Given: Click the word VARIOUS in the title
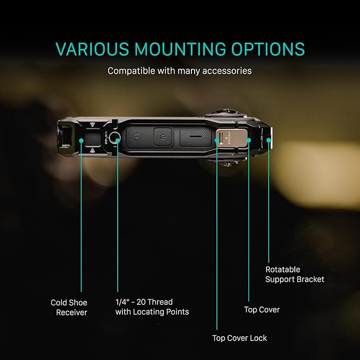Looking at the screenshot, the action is (x=92, y=49).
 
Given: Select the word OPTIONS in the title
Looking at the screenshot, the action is (x=268, y=49).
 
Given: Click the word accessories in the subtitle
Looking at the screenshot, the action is (x=227, y=71).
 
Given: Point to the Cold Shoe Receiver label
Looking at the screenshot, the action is (x=69, y=308).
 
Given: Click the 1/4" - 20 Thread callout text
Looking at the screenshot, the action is (x=144, y=302).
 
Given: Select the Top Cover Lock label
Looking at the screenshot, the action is (x=240, y=338).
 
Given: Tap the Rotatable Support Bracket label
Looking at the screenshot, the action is (x=295, y=274).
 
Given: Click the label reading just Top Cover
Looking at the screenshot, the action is (x=262, y=310).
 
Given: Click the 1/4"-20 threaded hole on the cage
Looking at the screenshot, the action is (x=115, y=137).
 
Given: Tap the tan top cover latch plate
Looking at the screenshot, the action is (x=231, y=137).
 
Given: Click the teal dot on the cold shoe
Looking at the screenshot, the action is (x=81, y=141).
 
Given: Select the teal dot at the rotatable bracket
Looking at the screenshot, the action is (x=269, y=140).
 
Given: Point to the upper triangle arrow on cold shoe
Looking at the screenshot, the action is (x=92, y=125).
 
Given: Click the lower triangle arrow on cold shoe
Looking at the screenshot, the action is (x=92, y=151).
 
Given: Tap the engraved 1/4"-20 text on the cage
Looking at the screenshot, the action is (x=106, y=137).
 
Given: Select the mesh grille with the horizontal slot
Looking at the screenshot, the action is (x=196, y=137).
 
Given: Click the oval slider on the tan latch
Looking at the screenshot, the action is (x=221, y=138).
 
